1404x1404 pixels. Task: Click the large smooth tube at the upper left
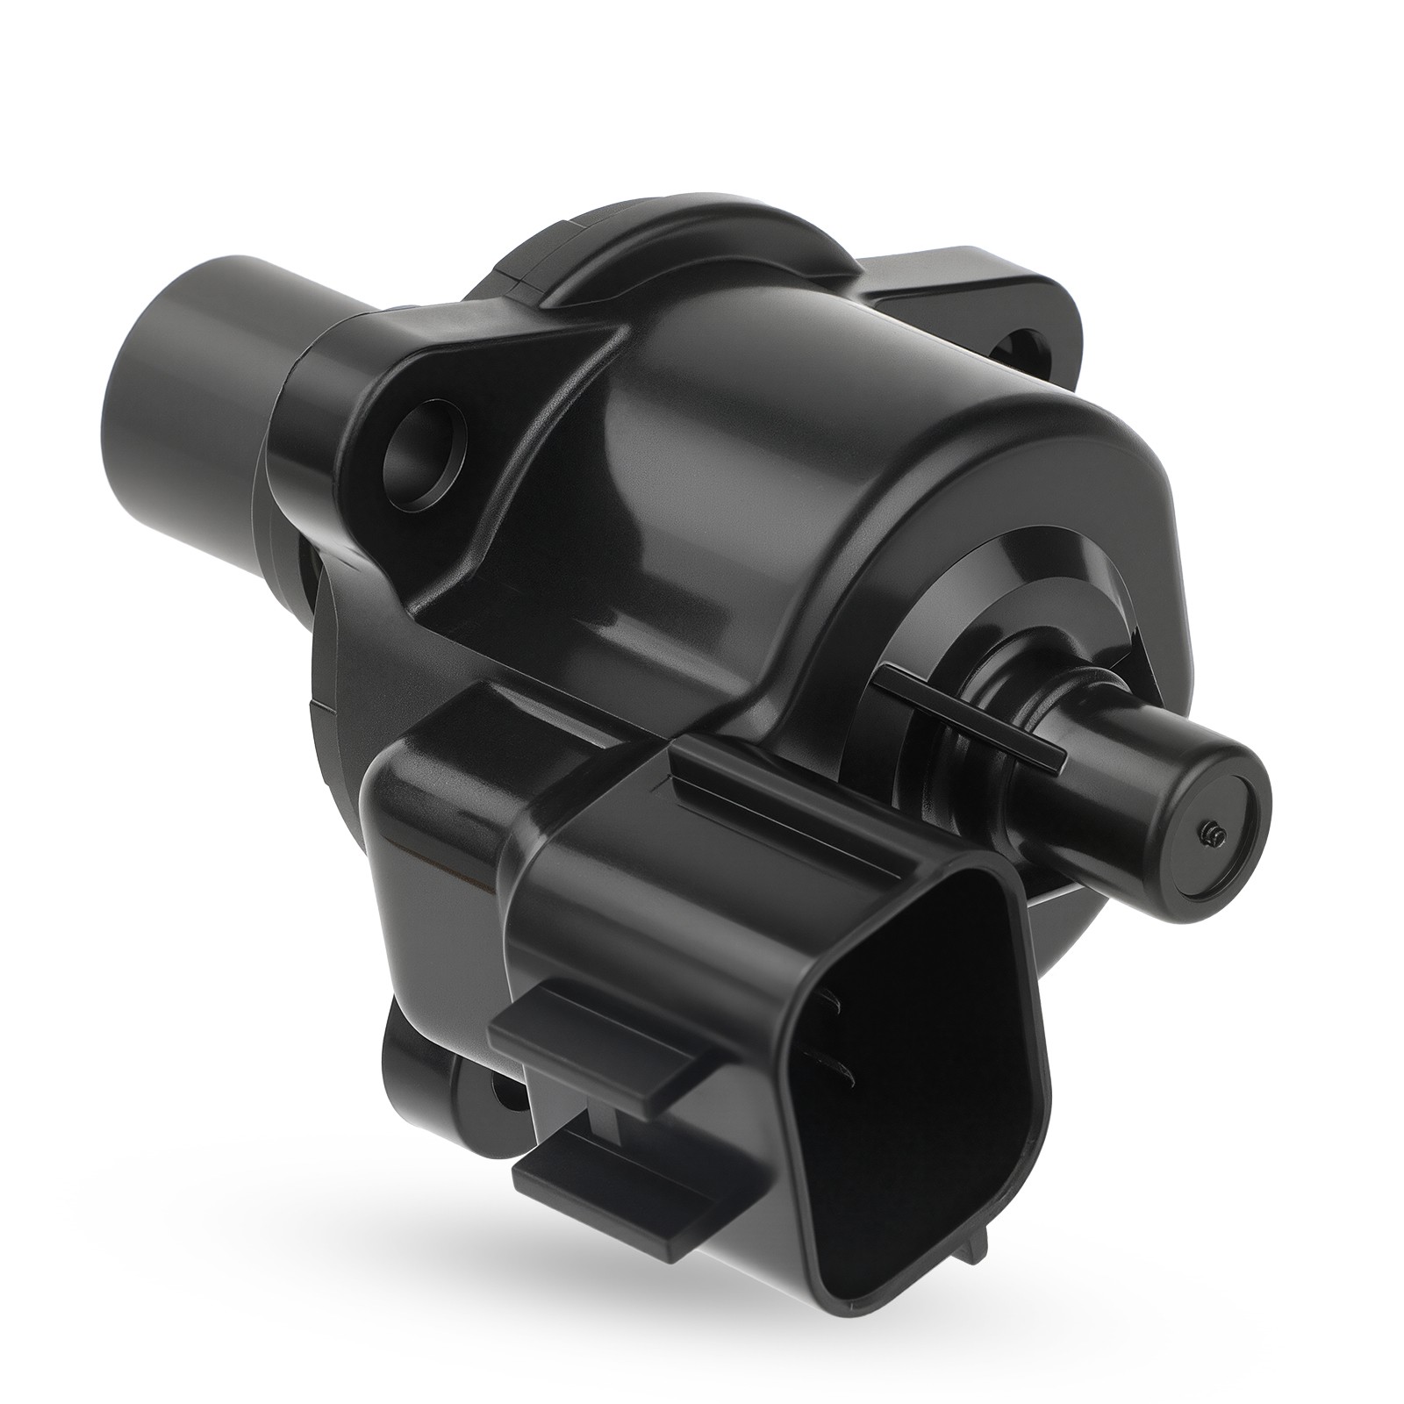coord(189,351)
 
